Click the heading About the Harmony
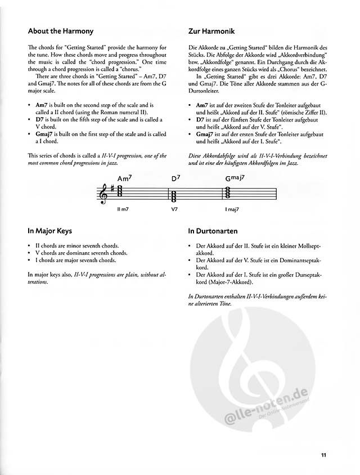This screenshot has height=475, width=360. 60,31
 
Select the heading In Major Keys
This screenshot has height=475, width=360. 49,230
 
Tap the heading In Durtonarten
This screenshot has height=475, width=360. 213,230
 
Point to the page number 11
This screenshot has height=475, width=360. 324,456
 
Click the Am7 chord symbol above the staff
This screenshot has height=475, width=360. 124,179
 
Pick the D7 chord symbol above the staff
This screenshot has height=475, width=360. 175,179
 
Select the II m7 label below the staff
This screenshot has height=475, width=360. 123,209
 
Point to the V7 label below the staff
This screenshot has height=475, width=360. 174,209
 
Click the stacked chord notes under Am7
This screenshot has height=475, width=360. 121,194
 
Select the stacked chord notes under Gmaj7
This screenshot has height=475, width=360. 229,192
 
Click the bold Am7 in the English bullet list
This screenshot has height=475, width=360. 41,105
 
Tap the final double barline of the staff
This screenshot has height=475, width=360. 276,195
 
